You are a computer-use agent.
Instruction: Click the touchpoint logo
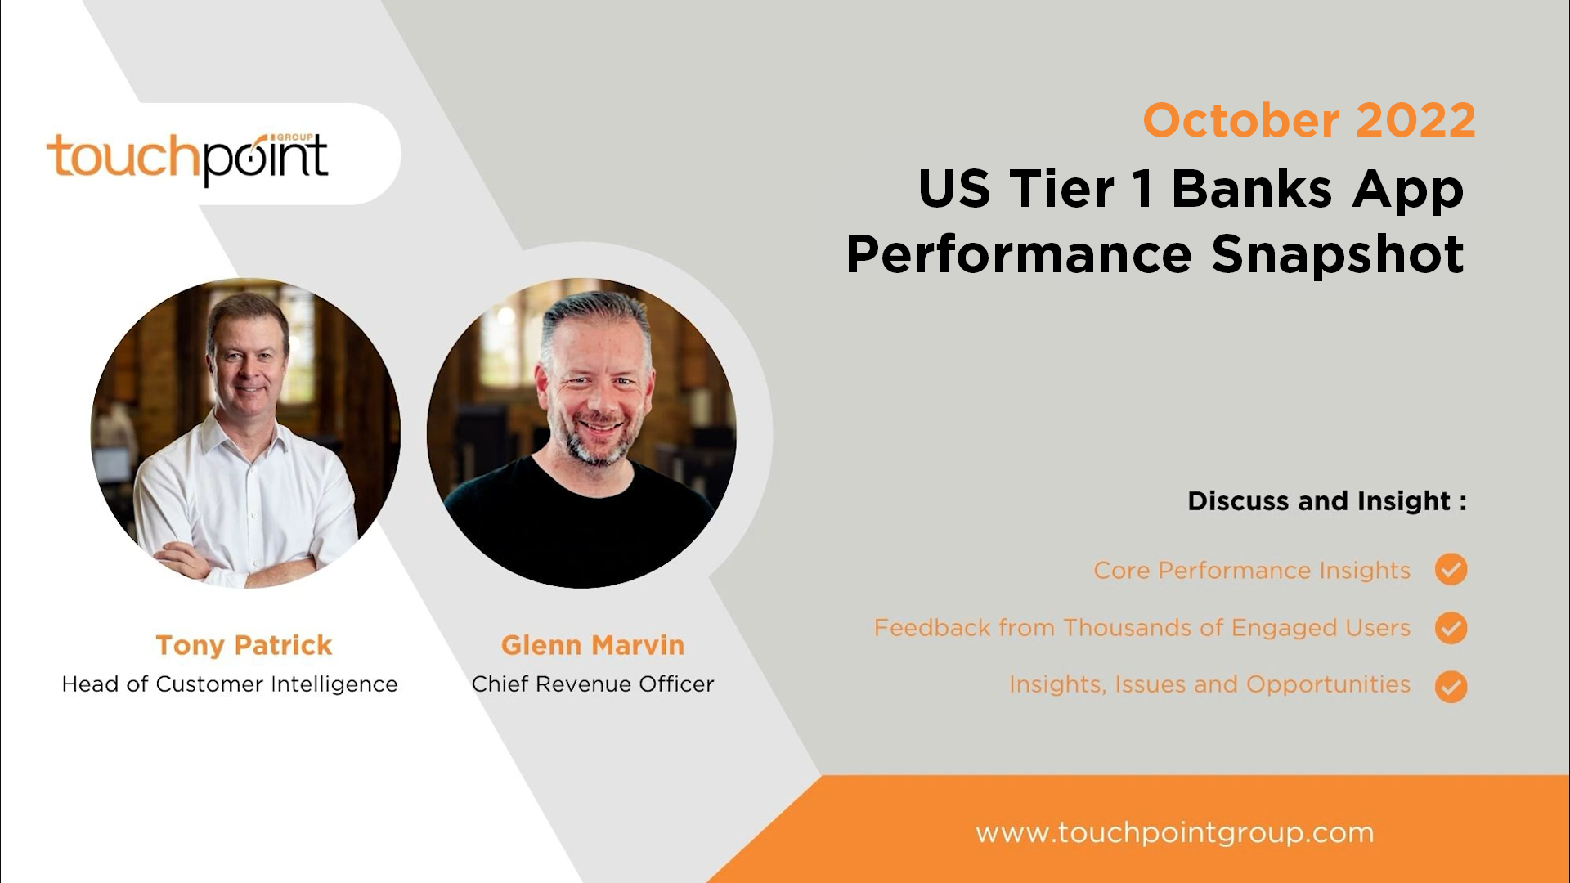coord(187,158)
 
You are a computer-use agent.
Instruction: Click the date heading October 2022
coord(1308,121)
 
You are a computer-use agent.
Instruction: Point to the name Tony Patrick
coord(244,645)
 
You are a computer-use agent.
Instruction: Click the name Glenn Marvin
coord(593,645)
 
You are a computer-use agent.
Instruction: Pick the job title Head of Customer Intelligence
coord(230,684)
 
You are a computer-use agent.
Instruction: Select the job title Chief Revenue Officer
coord(593,684)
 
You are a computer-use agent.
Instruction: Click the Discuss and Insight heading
coord(1326,500)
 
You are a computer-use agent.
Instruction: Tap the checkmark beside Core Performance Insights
coord(1451,569)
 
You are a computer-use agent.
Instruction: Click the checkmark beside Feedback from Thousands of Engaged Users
coord(1451,628)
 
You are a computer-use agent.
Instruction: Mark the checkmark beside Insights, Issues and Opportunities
coord(1451,687)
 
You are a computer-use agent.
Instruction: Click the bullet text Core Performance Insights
coord(1251,570)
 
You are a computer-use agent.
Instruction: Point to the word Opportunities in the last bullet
coord(1328,684)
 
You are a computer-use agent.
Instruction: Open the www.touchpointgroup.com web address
coord(1174,833)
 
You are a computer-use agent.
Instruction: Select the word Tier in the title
coord(1061,189)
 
